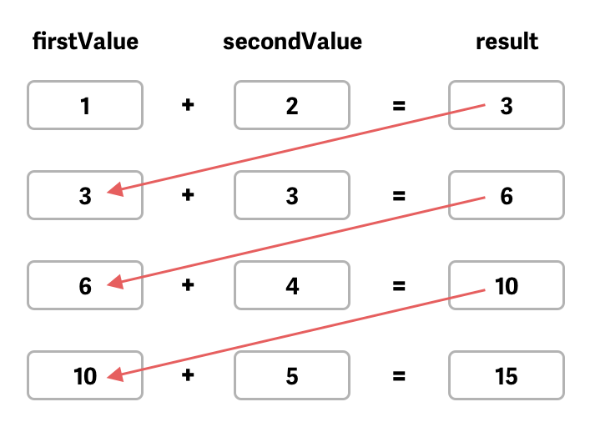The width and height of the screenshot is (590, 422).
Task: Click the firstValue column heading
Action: (x=85, y=42)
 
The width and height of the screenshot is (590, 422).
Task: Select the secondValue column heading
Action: (x=292, y=42)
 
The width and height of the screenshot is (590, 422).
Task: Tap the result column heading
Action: (x=507, y=42)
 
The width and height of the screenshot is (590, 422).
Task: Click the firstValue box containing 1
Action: (x=85, y=106)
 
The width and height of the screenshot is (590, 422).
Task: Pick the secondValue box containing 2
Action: (x=292, y=106)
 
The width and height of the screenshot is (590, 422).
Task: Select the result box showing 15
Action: (x=507, y=376)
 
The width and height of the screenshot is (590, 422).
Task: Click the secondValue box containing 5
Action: (x=292, y=376)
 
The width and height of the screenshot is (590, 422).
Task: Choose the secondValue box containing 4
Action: (x=292, y=286)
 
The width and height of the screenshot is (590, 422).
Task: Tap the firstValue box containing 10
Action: (x=85, y=376)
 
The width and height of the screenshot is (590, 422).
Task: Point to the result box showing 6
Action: (x=507, y=196)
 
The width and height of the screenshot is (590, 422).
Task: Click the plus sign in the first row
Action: (x=189, y=106)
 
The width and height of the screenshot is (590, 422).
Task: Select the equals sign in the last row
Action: (x=399, y=376)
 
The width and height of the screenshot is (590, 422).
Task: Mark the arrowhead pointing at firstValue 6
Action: (x=116, y=284)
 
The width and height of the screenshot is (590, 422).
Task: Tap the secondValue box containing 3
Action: (x=292, y=196)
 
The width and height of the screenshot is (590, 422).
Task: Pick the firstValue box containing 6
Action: (x=85, y=286)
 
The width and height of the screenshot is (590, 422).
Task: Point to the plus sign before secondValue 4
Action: (x=189, y=286)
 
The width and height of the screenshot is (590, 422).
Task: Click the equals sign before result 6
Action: (x=399, y=196)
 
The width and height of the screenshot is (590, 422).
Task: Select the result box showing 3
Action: (x=507, y=106)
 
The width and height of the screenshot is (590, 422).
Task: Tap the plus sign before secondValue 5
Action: (x=189, y=376)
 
